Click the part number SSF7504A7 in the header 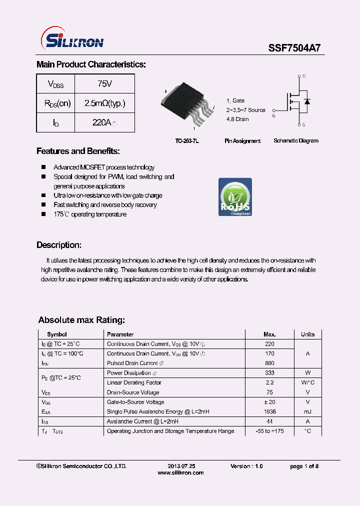click(294, 48)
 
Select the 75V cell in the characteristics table click(104, 84)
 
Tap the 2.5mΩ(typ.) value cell click(104, 103)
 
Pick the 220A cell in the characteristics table click(104, 122)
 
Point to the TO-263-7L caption click(186, 141)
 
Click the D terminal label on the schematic click(304, 76)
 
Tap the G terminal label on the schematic click(273, 116)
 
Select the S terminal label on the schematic click(304, 124)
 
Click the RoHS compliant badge click(235, 197)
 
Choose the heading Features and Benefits click(78, 151)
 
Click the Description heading click(59, 245)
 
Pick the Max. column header click(269, 334)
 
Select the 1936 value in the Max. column click(269, 411)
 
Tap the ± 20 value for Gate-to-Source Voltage click(269, 402)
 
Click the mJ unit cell click(307, 411)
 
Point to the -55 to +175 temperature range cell click(269, 431)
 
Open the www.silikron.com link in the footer click(180, 473)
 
